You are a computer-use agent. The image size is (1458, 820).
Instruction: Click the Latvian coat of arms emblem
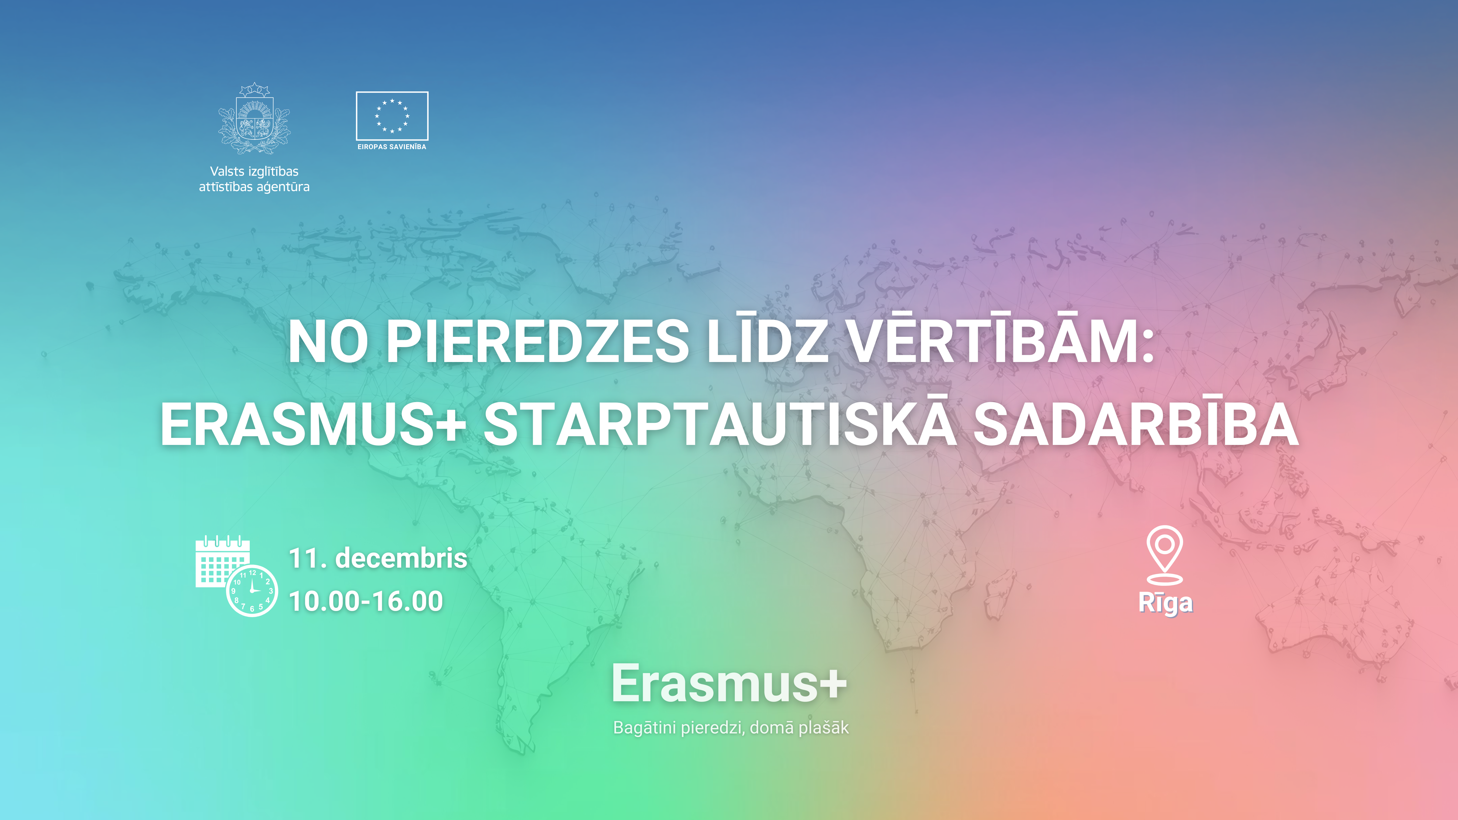click(x=254, y=119)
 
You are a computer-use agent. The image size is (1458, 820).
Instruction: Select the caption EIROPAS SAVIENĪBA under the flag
click(x=392, y=147)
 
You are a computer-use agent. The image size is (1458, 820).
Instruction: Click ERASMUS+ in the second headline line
click(x=313, y=425)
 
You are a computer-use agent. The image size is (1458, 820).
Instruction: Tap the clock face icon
click(x=252, y=590)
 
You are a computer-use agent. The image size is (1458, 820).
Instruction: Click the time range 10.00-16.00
click(x=366, y=601)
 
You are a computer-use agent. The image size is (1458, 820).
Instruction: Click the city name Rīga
click(x=1165, y=603)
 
